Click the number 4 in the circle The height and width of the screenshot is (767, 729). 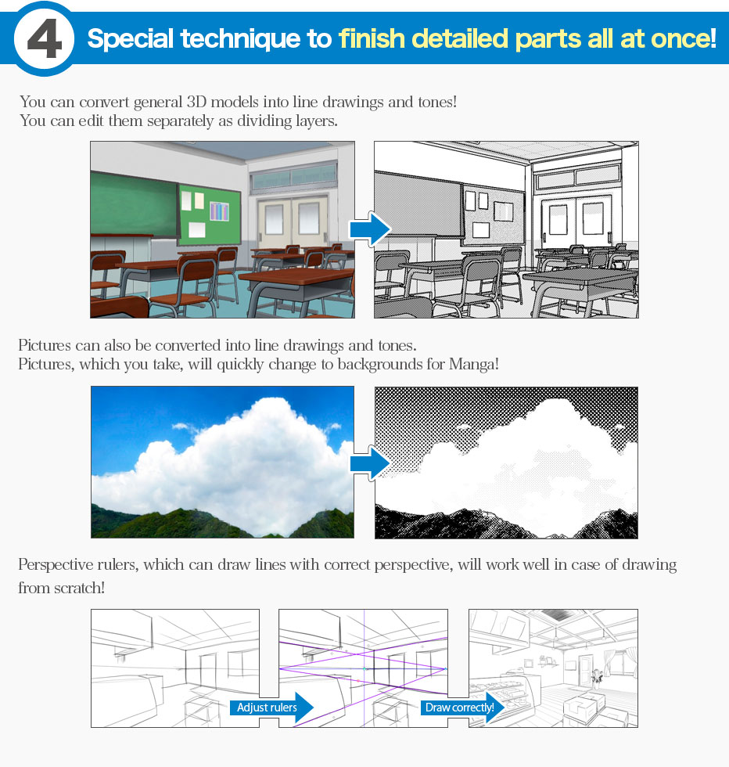point(44,38)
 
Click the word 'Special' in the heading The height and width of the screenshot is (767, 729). point(131,39)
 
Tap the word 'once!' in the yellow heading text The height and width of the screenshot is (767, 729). point(684,38)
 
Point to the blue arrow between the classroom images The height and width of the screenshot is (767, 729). point(370,229)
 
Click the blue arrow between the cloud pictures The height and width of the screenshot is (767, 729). point(370,463)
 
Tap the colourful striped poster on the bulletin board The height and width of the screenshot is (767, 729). point(218,211)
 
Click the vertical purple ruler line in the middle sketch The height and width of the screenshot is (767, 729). point(364,668)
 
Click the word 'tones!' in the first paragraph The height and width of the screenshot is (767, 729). point(437,102)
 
